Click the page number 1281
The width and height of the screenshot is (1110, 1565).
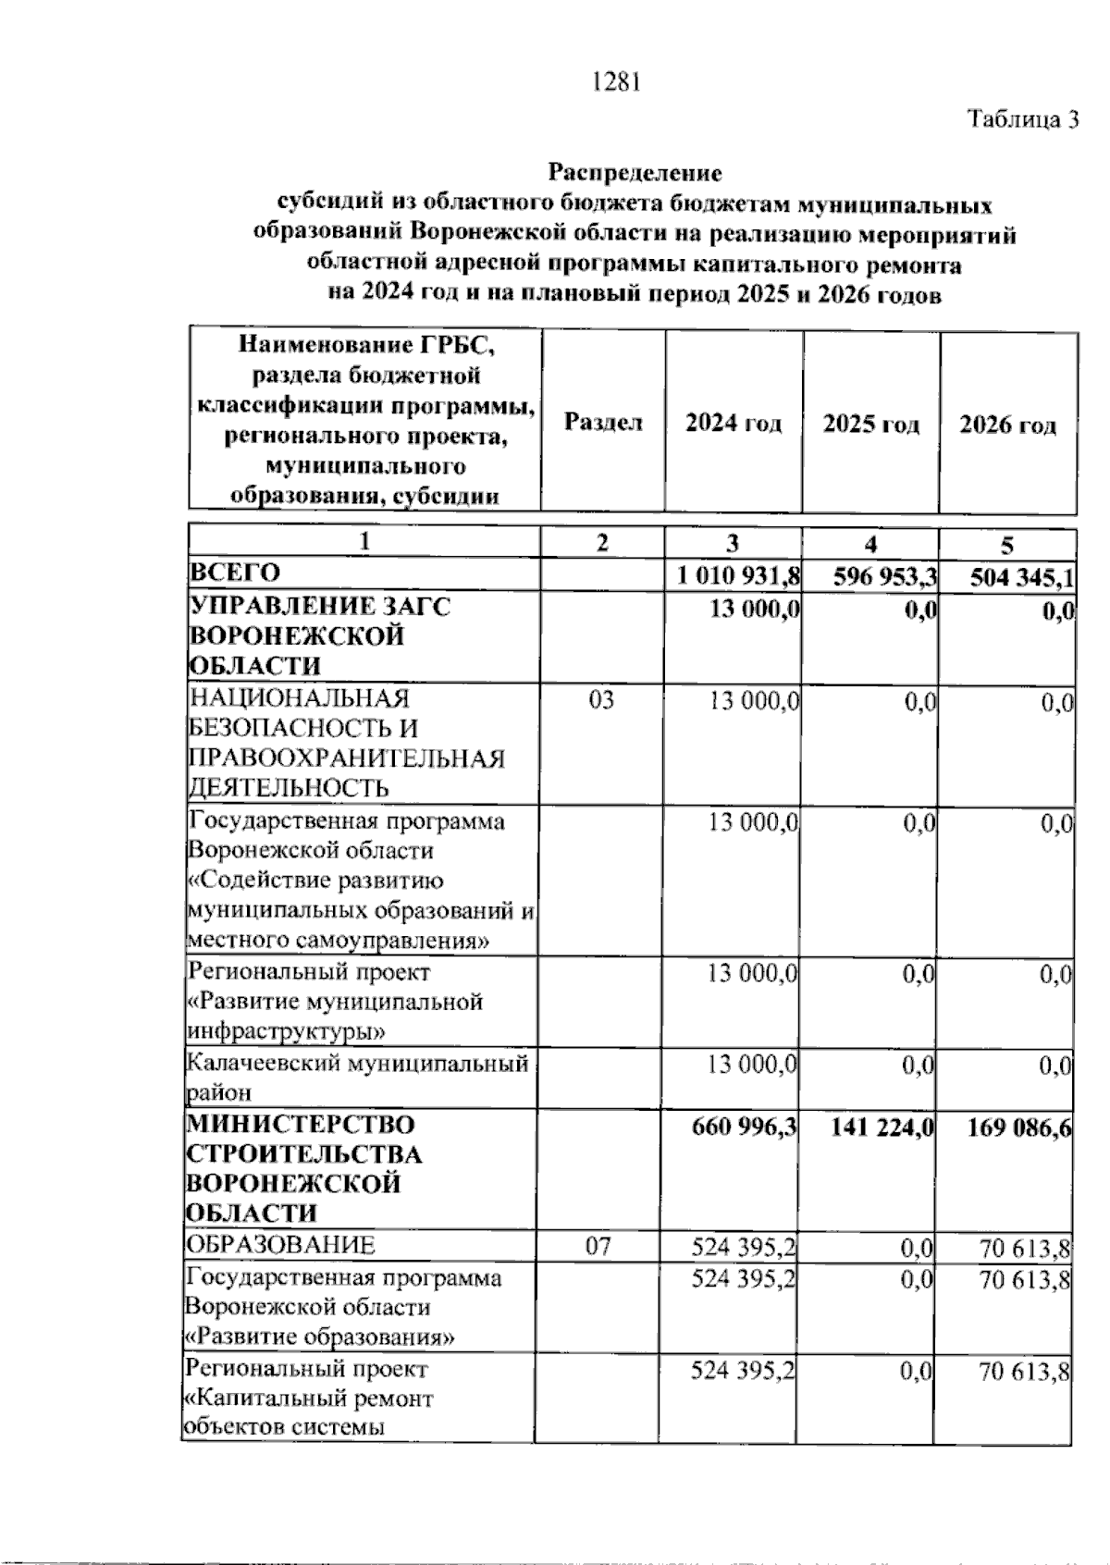tap(616, 82)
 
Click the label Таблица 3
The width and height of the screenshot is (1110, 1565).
tap(1023, 119)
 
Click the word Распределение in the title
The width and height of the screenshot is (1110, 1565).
tap(635, 172)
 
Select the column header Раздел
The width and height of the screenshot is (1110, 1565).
tap(603, 423)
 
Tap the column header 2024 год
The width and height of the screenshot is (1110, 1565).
tap(734, 424)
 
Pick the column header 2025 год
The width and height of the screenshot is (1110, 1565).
tap(871, 425)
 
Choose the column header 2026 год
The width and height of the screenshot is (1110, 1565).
tap(1007, 425)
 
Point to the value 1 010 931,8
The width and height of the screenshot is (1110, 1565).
tap(737, 576)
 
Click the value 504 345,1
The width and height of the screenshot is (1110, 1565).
tap(1021, 578)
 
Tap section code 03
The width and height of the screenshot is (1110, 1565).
tap(601, 700)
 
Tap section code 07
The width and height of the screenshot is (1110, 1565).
tap(598, 1246)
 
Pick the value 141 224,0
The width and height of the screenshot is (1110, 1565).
tap(881, 1128)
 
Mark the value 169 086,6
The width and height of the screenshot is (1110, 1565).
tap(1019, 1128)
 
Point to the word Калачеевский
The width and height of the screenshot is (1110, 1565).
tap(264, 1063)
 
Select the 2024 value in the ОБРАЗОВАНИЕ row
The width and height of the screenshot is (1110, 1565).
tap(744, 1249)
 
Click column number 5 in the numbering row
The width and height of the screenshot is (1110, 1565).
tap(1007, 544)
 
